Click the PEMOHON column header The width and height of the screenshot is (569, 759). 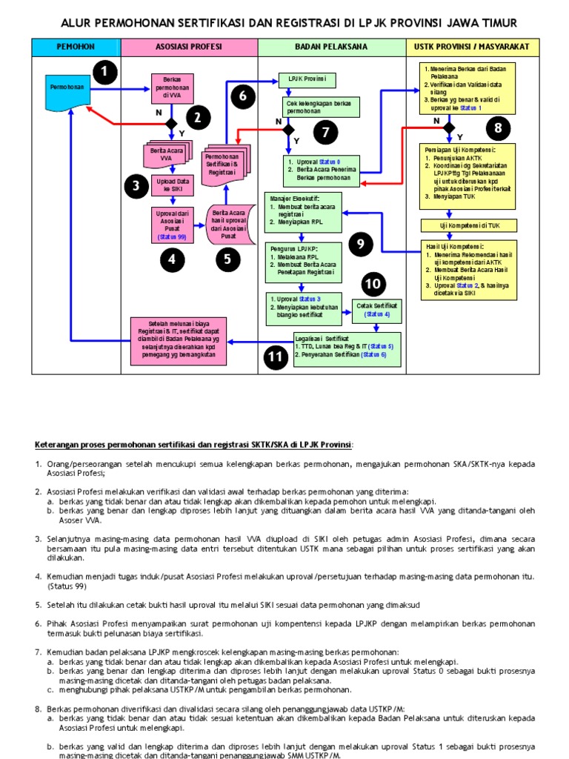[76, 47]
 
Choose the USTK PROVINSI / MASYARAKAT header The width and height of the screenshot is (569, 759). [473, 47]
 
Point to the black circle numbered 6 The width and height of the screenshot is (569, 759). [242, 96]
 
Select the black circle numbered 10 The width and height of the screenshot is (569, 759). [375, 283]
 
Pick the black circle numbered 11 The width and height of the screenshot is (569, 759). [276, 357]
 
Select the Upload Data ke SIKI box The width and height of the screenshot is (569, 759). [172, 185]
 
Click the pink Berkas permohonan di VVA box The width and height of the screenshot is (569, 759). [172, 87]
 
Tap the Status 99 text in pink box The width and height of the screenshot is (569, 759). [172, 237]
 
